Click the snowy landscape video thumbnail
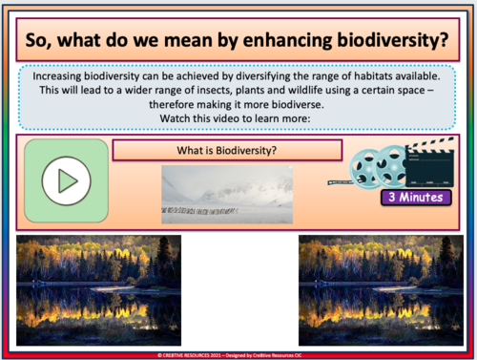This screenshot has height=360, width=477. (226, 195)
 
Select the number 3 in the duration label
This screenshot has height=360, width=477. (390, 198)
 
